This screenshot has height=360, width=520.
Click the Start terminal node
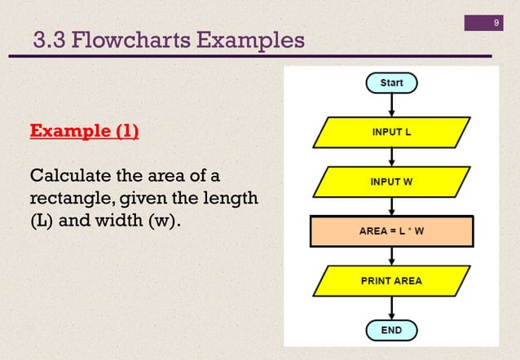pyautogui.click(x=392, y=82)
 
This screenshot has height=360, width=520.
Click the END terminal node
pyautogui.click(x=392, y=331)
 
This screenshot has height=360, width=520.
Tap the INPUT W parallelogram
pyautogui.click(x=392, y=181)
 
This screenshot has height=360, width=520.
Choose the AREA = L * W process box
pyautogui.click(x=392, y=231)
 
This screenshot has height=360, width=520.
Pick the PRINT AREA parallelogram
pyautogui.click(x=392, y=281)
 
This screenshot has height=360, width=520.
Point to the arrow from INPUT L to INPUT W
pyautogui.click(x=392, y=156)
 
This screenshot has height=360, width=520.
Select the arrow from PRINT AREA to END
pyautogui.click(x=392, y=307)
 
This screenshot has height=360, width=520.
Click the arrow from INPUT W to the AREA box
pyautogui.click(x=392, y=205)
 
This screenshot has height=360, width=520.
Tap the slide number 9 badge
pyautogui.click(x=496, y=22)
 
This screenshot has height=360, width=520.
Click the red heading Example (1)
pyautogui.click(x=84, y=131)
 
